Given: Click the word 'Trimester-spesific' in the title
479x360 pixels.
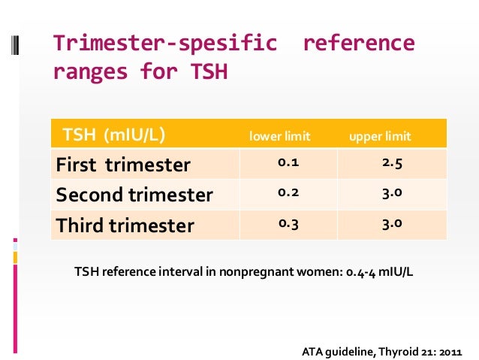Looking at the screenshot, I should [x=164, y=44].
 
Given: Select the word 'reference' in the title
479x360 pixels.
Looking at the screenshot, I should [x=358, y=44].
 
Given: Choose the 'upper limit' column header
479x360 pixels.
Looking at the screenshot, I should [x=381, y=137].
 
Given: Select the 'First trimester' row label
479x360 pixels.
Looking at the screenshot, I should [x=123, y=165].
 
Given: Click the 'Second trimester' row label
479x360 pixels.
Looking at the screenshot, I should [x=134, y=195].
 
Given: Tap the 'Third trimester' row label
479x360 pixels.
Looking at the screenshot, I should [x=125, y=225].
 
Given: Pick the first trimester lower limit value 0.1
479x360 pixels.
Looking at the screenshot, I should [x=287, y=162].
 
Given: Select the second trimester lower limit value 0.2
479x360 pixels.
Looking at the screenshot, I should [x=287, y=192].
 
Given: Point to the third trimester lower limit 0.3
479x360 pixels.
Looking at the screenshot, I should [x=287, y=222].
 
